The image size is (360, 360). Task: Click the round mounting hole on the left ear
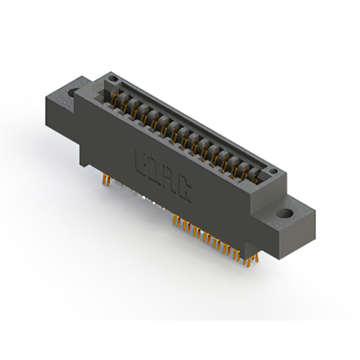pyautogui.click(x=73, y=91)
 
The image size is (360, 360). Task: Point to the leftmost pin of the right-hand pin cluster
pyautogui.click(x=175, y=220)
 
